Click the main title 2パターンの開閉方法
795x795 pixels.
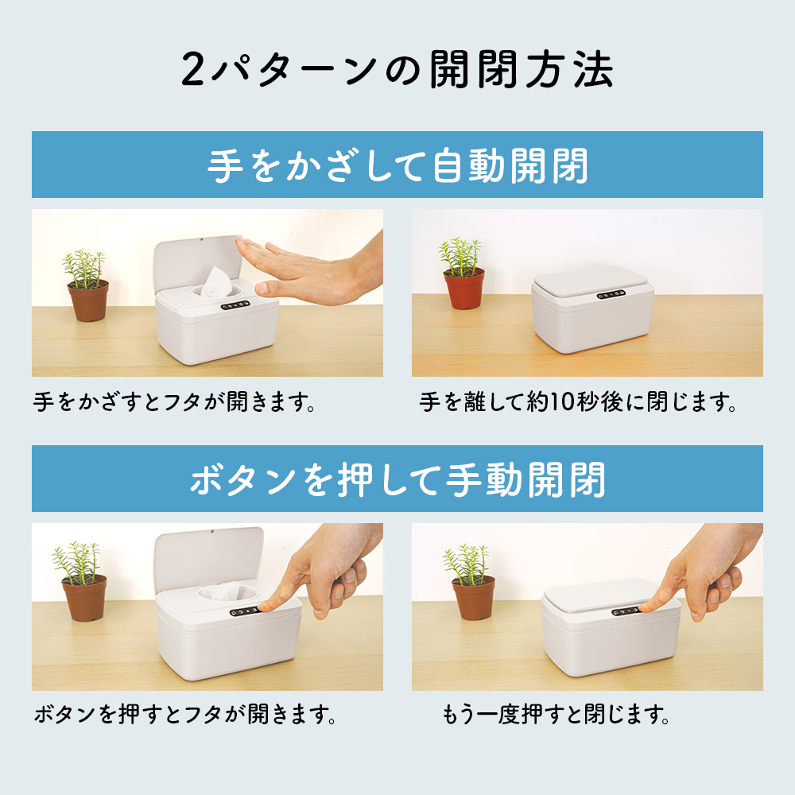(x=397, y=70)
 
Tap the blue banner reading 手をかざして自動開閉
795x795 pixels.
(x=397, y=165)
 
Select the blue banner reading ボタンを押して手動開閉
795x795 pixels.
(x=397, y=479)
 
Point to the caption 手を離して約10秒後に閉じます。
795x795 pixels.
(x=577, y=402)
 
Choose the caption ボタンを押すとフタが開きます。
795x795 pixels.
(x=185, y=715)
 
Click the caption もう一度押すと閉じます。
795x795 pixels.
(x=556, y=715)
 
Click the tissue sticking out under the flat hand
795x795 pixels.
(x=216, y=281)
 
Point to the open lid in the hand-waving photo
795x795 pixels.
(x=198, y=264)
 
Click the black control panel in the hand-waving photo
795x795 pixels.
(x=235, y=306)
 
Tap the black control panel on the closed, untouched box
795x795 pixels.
(x=611, y=295)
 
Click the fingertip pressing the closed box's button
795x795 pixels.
(x=646, y=607)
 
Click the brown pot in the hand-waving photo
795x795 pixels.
(x=88, y=301)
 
